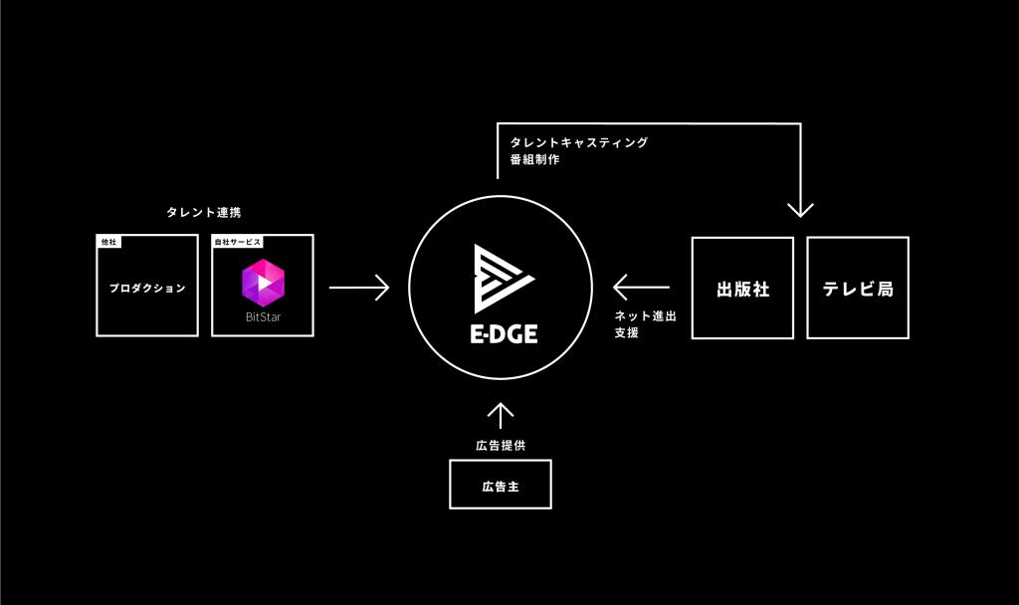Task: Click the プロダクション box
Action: pyautogui.click(x=147, y=288)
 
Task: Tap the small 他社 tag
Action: pyautogui.click(x=108, y=242)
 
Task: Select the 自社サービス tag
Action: pyautogui.click(x=238, y=242)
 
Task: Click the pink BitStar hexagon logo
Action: pyautogui.click(x=263, y=283)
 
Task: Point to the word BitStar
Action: pyautogui.click(x=263, y=317)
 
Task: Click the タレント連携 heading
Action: pyautogui.click(x=203, y=212)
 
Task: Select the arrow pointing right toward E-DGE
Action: pyautogui.click(x=359, y=288)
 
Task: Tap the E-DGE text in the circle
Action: pyautogui.click(x=503, y=333)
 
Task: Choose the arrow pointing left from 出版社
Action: pyautogui.click(x=641, y=288)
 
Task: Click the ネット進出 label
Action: pyautogui.click(x=645, y=315)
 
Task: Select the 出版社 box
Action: pyautogui.click(x=742, y=288)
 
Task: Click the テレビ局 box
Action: pyautogui.click(x=858, y=288)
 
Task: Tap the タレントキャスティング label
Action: pyautogui.click(x=578, y=142)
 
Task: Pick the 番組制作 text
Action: pyautogui.click(x=534, y=159)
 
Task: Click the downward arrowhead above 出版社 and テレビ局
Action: pyautogui.click(x=800, y=210)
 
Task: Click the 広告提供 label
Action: pyautogui.click(x=501, y=445)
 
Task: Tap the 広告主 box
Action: pyautogui.click(x=501, y=485)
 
